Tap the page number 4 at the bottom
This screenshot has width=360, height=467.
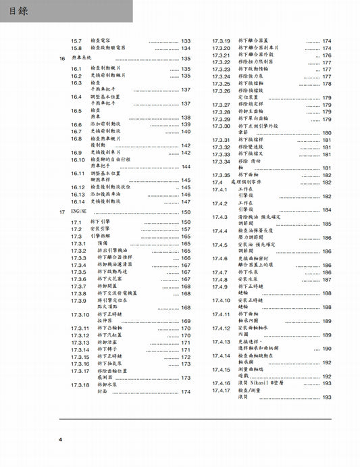pyautogui.click(x=61, y=441)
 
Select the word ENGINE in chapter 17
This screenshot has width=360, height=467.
pyautogui.click(x=80, y=212)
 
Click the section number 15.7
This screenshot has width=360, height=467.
pyautogui.click(x=76, y=41)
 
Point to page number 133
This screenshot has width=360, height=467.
pyautogui.click(x=186, y=41)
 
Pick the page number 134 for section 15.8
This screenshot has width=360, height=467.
pyautogui.click(x=186, y=49)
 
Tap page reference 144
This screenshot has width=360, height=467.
pyautogui.click(x=186, y=167)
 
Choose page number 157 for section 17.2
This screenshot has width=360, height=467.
pyautogui.click(x=186, y=229)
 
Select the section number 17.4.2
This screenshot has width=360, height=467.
pyautogui.click(x=220, y=203)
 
